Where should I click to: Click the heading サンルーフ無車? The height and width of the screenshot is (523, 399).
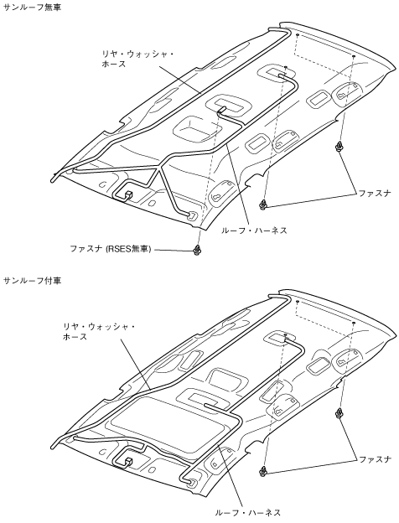tap(32, 8)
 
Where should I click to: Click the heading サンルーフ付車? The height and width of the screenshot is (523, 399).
tap(32, 281)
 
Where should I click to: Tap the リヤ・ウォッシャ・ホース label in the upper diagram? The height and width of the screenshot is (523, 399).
tap(137, 59)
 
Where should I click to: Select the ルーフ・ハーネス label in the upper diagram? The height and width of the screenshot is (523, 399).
tap(254, 230)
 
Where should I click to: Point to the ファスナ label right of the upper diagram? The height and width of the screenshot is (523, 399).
tap(375, 193)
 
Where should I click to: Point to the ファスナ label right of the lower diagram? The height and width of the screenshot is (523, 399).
tap(375, 459)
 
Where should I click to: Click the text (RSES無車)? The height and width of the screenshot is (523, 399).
tap(128, 249)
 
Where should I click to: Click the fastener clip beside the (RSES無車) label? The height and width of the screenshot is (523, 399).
tap(198, 249)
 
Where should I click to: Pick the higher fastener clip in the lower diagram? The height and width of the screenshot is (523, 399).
tap(339, 412)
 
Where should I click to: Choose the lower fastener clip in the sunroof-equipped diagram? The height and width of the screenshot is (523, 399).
tap(264, 471)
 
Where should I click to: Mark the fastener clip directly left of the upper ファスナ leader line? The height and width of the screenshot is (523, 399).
tap(264, 205)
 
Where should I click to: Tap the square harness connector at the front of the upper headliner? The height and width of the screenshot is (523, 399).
tap(128, 194)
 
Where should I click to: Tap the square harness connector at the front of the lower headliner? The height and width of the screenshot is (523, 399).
tap(128, 462)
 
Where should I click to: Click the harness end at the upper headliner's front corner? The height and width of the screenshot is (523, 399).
tap(192, 214)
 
